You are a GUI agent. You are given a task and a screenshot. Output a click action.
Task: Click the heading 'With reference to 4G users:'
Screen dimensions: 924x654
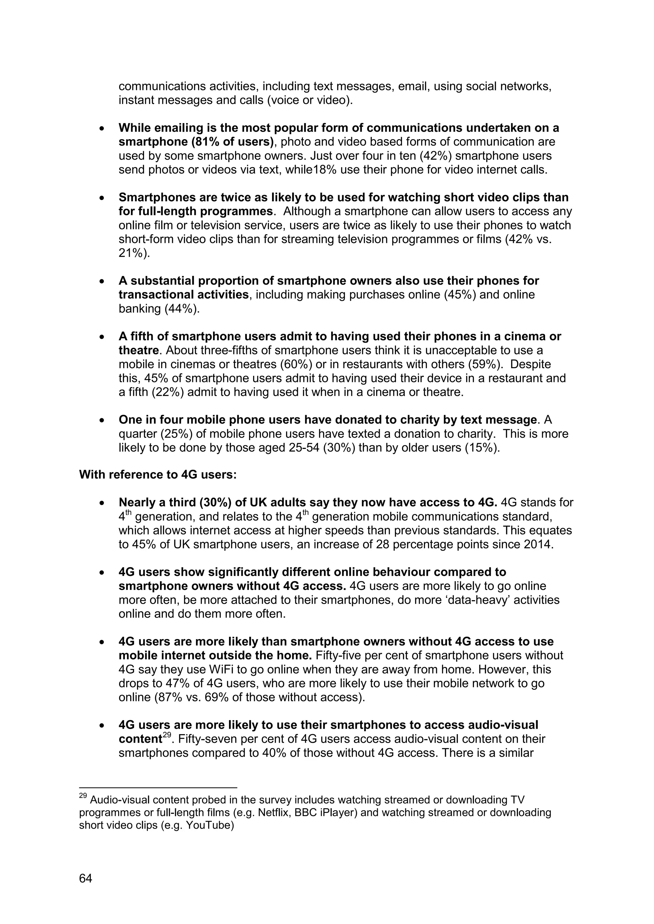[x=157, y=475]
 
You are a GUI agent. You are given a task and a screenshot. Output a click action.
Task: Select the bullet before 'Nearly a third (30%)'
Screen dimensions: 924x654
[x=103, y=503]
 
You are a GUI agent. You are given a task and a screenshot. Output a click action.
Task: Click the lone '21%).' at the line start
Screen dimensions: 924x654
[x=134, y=253]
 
